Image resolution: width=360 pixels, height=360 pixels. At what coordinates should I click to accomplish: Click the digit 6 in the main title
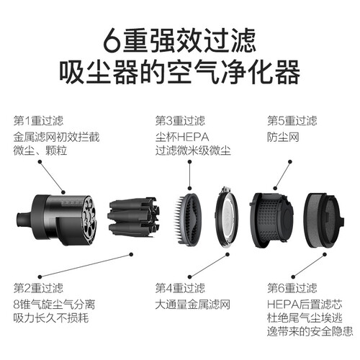111,40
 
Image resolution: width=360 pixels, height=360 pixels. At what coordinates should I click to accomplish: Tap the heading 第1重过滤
38,121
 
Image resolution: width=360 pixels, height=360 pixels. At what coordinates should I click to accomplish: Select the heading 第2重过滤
38,288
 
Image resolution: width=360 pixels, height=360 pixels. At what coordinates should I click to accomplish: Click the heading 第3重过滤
180,121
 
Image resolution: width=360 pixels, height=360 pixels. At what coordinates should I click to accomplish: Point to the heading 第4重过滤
180,288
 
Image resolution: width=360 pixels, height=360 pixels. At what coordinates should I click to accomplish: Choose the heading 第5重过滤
292,121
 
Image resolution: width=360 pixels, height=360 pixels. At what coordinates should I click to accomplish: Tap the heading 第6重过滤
292,288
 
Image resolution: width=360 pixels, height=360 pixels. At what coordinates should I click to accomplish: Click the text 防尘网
283,138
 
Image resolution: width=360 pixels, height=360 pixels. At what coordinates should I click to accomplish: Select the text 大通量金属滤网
193,305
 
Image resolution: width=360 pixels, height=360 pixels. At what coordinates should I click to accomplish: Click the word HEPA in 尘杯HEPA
193,138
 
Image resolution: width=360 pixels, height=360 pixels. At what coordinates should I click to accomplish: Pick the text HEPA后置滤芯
305,305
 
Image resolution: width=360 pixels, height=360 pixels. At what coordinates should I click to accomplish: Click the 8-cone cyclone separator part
132,217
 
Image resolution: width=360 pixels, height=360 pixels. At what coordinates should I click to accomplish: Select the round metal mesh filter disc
227,217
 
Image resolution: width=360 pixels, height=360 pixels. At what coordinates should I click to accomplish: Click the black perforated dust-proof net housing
271,220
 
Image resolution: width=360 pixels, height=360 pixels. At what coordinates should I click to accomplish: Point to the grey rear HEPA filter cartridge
324,220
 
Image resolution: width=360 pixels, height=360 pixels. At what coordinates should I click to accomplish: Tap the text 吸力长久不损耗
51,318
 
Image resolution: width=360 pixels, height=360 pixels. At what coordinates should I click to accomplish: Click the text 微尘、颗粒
40,150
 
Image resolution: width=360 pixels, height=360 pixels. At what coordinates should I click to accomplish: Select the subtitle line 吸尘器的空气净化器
180,72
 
